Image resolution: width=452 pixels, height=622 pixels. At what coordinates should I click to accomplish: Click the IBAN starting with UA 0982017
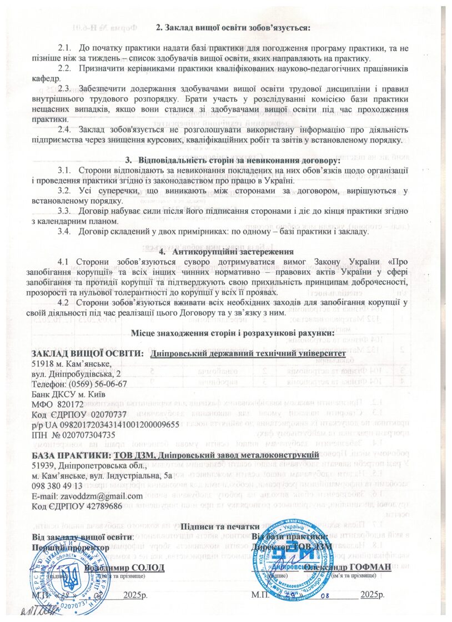tap(111, 424)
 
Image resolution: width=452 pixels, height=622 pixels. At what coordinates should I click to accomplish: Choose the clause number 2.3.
tap(65, 88)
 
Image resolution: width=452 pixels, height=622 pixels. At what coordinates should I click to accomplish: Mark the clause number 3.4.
tap(65, 232)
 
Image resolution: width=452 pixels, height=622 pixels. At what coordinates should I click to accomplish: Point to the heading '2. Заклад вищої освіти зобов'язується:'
tap(232, 27)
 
